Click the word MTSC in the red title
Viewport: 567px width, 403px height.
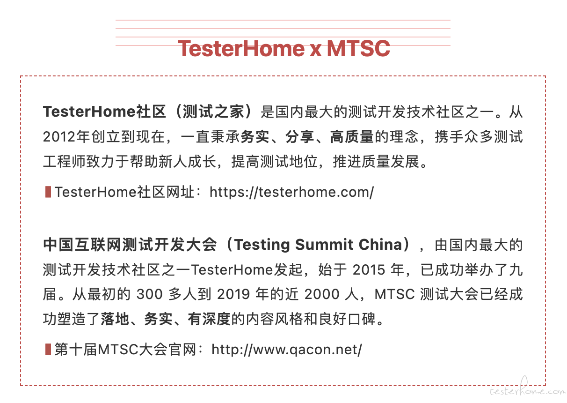(358, 48)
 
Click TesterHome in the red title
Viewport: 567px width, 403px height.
(241, 48)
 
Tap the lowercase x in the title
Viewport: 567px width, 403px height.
(316, 50)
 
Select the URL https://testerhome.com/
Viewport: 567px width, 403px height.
(291, 192)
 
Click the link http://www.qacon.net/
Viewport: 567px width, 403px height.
(287, 350)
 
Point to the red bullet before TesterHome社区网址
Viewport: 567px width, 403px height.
(48, 192)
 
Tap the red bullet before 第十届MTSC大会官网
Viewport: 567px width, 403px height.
(48, 349)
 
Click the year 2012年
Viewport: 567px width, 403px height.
(66, 137)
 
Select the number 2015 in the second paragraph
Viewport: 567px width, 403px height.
(369, 269)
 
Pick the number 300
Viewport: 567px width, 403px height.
(149, 294)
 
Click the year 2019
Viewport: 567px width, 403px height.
(233, 294)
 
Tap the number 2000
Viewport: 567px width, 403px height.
(321, 294)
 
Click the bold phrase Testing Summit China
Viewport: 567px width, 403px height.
(318, 245)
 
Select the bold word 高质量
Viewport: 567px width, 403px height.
(352, 137)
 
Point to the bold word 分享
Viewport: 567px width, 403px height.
(300, 137)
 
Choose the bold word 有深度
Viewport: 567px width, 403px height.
(209, 319)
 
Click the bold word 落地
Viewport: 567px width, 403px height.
(115, 319)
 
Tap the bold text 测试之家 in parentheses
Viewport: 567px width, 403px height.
(213, 112)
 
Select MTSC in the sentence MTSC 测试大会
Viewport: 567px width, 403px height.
(394, 294)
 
